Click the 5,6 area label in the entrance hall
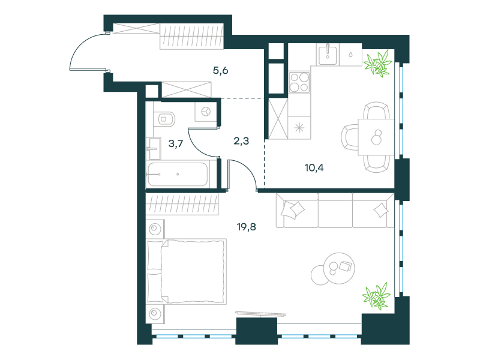click(x=220, y=71)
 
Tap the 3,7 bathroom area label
click(x=176, y=143)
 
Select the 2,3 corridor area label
click(x=241, y=141)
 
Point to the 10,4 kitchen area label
click(x=314, y=168)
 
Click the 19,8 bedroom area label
click(x=247, y=227)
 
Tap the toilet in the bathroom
click(x=166, y=119)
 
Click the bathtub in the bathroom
click(x=178, y=175)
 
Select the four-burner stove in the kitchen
click(x=299, y=82)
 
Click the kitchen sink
click(x=328, y=55)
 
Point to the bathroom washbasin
click(x=154, y=148)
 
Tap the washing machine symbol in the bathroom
click(x=206, y=112)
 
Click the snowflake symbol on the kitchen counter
click(x=299, y=128)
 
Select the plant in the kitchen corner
click(x=378, y=64)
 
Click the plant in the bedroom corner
click(x=377, y=296)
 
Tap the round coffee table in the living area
click(x=339, y=268)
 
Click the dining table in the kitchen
click(x=376, y=137)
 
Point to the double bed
click(x=187, y=272)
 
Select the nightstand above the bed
click(x=155, y=229)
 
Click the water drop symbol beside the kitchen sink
click(x=350, y=55)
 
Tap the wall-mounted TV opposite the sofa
click(x=260, y=314)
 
